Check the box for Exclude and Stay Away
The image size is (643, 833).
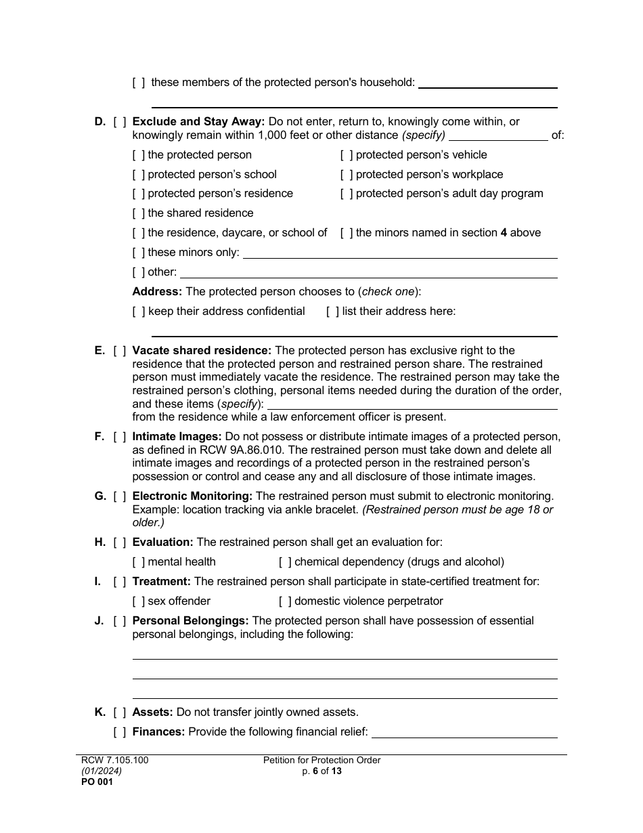coord(120,122)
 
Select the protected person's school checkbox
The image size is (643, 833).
coord(139,175)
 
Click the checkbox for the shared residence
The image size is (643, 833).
coord(139,213)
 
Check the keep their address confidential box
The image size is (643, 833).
coord(139,312)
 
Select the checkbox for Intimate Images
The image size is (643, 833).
coord(120,437)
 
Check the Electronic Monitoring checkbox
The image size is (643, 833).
coord(120,496)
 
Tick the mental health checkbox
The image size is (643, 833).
coord(139,562)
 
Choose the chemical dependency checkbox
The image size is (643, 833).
coord(285,562)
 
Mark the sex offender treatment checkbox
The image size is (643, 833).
coord(139,601)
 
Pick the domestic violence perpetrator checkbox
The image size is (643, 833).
coord(285,601)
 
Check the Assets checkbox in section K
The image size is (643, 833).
coord(120,712)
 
